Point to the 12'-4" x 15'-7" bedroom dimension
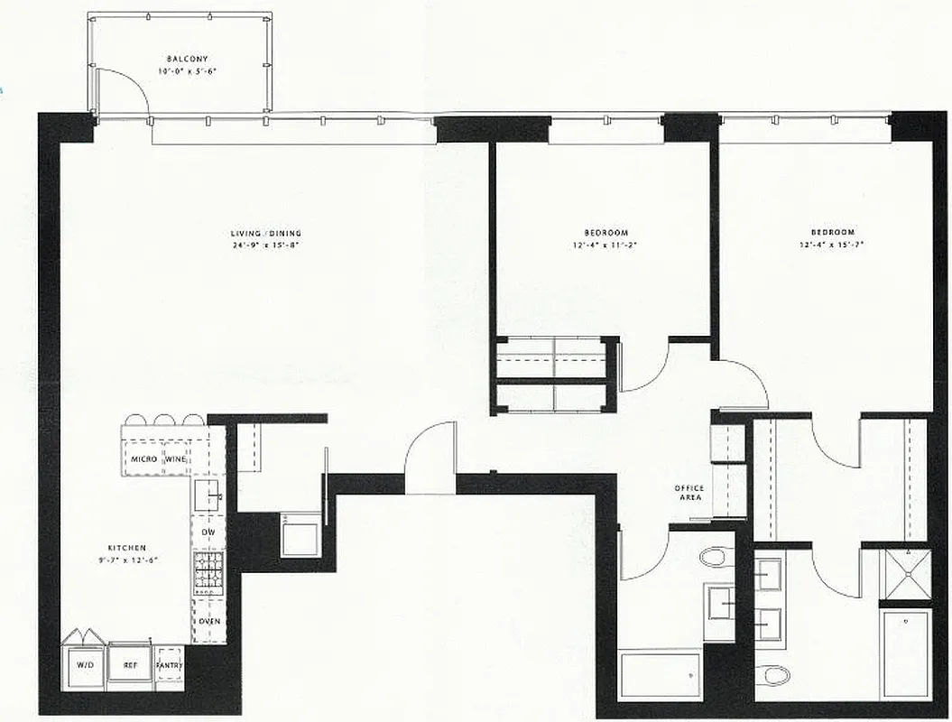826,245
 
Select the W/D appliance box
84,665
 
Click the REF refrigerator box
129,665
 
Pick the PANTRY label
169,666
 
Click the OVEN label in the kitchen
208,621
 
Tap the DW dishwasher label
208,532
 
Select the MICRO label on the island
144,459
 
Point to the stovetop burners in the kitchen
208,570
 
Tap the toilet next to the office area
716,556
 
